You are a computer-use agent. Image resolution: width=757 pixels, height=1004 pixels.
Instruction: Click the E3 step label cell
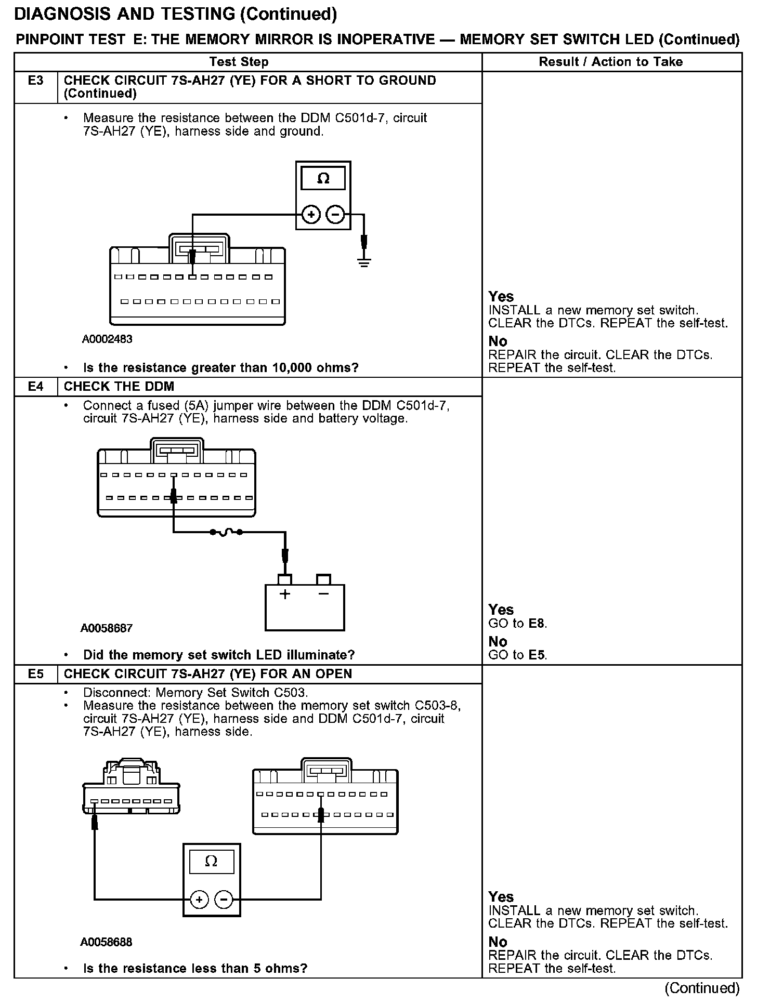point(35,81)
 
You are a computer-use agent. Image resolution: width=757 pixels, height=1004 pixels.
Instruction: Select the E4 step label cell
point(35,387)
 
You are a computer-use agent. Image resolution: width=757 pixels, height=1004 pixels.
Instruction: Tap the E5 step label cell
point(35,674)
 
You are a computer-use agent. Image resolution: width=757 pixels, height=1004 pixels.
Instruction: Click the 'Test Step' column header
point(239,62)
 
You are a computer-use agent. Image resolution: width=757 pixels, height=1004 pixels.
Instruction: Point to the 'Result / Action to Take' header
point(610,62)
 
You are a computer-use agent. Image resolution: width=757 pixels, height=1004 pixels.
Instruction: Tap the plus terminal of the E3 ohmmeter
point(311,214)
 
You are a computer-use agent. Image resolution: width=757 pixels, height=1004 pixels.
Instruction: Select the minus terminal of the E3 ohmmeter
point(335,214)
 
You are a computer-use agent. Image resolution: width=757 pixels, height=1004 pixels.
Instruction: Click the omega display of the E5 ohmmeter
point(211,862)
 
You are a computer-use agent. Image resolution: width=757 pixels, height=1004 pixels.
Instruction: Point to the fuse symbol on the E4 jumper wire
point(226,532)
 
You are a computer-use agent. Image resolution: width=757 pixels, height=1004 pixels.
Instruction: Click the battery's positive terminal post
point(285,579)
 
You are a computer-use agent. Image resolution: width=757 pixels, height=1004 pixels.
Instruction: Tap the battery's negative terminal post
point(323,579)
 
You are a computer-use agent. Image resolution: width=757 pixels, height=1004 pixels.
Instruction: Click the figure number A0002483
point(107,339)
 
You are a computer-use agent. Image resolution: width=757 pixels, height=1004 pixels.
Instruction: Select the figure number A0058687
point(107,628)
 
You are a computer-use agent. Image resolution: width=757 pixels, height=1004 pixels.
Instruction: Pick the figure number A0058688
point(107,942)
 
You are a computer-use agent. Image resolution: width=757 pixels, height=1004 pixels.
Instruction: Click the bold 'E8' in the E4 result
point(537,624)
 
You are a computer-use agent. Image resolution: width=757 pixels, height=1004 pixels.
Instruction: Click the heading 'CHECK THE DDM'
point(119,387)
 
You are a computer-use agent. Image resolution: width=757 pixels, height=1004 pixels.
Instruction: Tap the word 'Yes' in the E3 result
point(501,297)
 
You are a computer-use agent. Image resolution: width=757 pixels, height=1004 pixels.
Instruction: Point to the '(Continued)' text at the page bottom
point(702,988)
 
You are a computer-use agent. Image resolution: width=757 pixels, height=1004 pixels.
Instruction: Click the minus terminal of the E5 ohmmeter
point(224,900)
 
